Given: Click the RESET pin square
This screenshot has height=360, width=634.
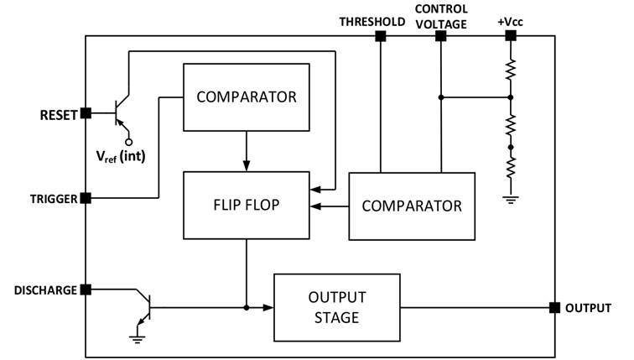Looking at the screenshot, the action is (x=86, y=113).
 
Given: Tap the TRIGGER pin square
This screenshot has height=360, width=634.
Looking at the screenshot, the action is (x=86, y=198).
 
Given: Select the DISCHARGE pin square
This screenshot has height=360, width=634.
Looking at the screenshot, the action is (x=86, y=290).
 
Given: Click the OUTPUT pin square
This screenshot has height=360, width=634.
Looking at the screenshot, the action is (x=555, y=307).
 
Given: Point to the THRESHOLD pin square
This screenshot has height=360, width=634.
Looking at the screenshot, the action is (x=381, y=36).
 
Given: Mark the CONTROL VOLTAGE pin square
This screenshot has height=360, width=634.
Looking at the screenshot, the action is (x=441, y=36).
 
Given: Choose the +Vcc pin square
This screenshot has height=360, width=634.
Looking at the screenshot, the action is (x=511, y=36).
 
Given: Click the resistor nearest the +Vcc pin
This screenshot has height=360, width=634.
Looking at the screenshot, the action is (x=511, y=70).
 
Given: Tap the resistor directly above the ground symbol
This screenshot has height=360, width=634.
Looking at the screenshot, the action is (x=511, y=168).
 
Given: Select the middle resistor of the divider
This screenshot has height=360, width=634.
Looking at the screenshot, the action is (x=511, y=124).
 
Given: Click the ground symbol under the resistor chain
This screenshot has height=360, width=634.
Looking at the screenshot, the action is (x=511, y=200).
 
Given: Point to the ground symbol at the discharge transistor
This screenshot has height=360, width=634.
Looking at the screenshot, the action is (x=138, y=339).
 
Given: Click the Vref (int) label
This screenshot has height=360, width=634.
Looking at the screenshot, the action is (x=121, y=156).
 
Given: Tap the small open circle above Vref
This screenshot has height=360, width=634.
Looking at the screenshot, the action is (x=129, y=142).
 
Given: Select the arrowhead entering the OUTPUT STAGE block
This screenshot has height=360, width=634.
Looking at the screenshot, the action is (x=268, y=307).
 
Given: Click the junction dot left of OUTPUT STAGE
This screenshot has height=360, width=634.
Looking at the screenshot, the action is (x=247, y=308).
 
